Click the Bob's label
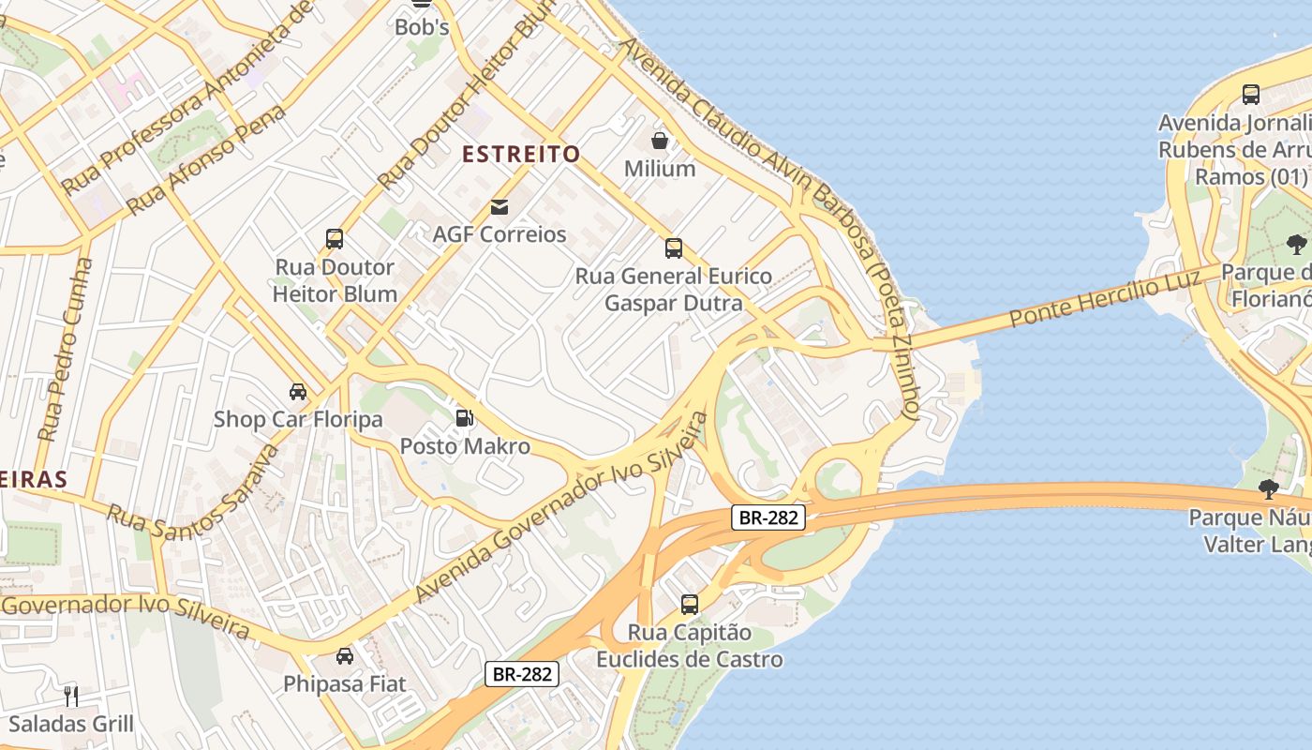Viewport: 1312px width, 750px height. point(422,27)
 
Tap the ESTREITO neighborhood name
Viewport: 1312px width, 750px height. point(522,154)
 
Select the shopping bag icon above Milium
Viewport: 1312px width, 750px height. point(660,142)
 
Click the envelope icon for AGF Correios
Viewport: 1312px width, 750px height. point(499,207)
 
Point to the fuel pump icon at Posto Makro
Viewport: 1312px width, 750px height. point(464,418)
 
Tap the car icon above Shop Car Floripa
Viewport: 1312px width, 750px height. point(298,391)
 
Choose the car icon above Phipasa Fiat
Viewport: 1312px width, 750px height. point(345,656)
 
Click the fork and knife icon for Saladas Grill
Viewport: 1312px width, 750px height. point(71,696)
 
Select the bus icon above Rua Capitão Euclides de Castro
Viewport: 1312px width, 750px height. point(690,605)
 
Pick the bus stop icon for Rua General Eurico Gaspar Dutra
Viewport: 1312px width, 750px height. point(673,248)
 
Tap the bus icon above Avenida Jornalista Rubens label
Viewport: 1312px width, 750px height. point(1251,95)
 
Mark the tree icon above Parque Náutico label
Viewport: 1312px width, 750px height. point(1269,488)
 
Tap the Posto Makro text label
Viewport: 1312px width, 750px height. point(465,446)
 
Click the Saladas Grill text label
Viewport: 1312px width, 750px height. point(71,724)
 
